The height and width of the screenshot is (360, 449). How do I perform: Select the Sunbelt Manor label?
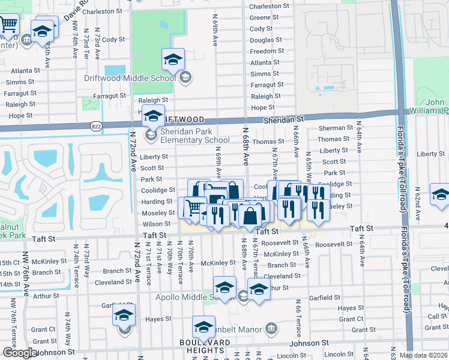[238, 329]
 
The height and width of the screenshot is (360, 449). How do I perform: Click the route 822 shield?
[96, 126]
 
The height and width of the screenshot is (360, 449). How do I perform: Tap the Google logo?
[19, 353]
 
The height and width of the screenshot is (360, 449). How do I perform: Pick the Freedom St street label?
[263, 51]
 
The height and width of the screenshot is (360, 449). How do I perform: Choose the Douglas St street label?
[262, 40]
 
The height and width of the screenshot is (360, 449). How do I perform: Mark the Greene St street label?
[264, 17]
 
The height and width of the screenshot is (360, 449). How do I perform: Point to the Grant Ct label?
[43, 329]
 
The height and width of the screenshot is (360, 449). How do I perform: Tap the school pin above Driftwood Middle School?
[173, 59]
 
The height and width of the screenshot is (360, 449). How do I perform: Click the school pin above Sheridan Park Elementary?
[154, 115]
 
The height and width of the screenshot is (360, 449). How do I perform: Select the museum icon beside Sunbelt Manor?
[271, 329]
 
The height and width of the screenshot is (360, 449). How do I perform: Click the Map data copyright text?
[423, 355]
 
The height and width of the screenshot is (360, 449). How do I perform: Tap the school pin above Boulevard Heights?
[203, 328]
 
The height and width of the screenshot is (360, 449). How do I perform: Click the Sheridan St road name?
[283, 120]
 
